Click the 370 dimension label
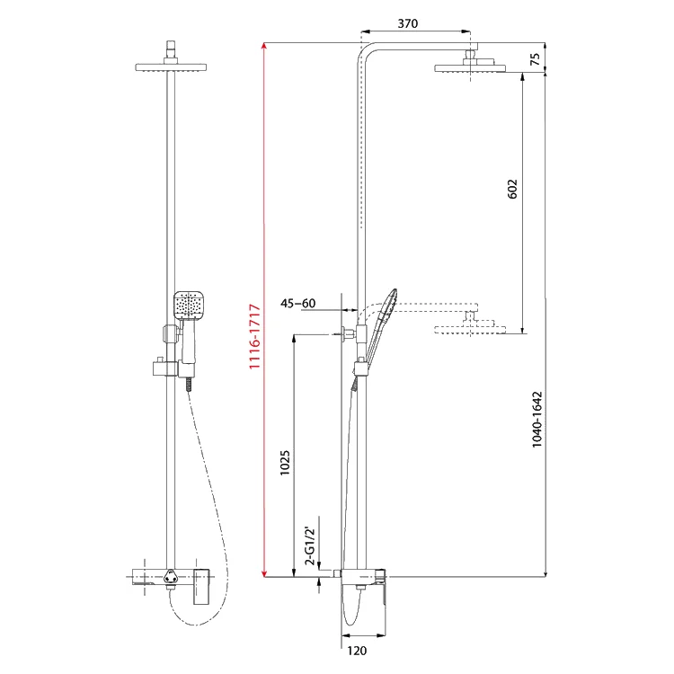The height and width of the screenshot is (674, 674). click(407, 23)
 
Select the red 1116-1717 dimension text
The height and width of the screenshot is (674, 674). click(255, 336)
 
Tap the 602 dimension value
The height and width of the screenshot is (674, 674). click(512, 189)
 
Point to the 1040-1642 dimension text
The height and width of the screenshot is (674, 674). click(537, 420)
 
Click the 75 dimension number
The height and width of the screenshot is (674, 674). click(535, 59)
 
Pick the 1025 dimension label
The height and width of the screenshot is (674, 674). click(285, 463)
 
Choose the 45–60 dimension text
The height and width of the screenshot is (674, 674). click(297, 303)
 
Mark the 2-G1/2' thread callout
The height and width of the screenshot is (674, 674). click(310, 545)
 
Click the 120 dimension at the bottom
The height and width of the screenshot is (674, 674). click(357, 651)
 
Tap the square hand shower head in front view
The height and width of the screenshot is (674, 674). click(189, 306)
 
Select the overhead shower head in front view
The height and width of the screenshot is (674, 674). click(171, 67)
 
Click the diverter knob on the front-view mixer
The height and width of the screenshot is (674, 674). click(171, 577)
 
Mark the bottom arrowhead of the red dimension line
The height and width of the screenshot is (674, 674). click(264, 572)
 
